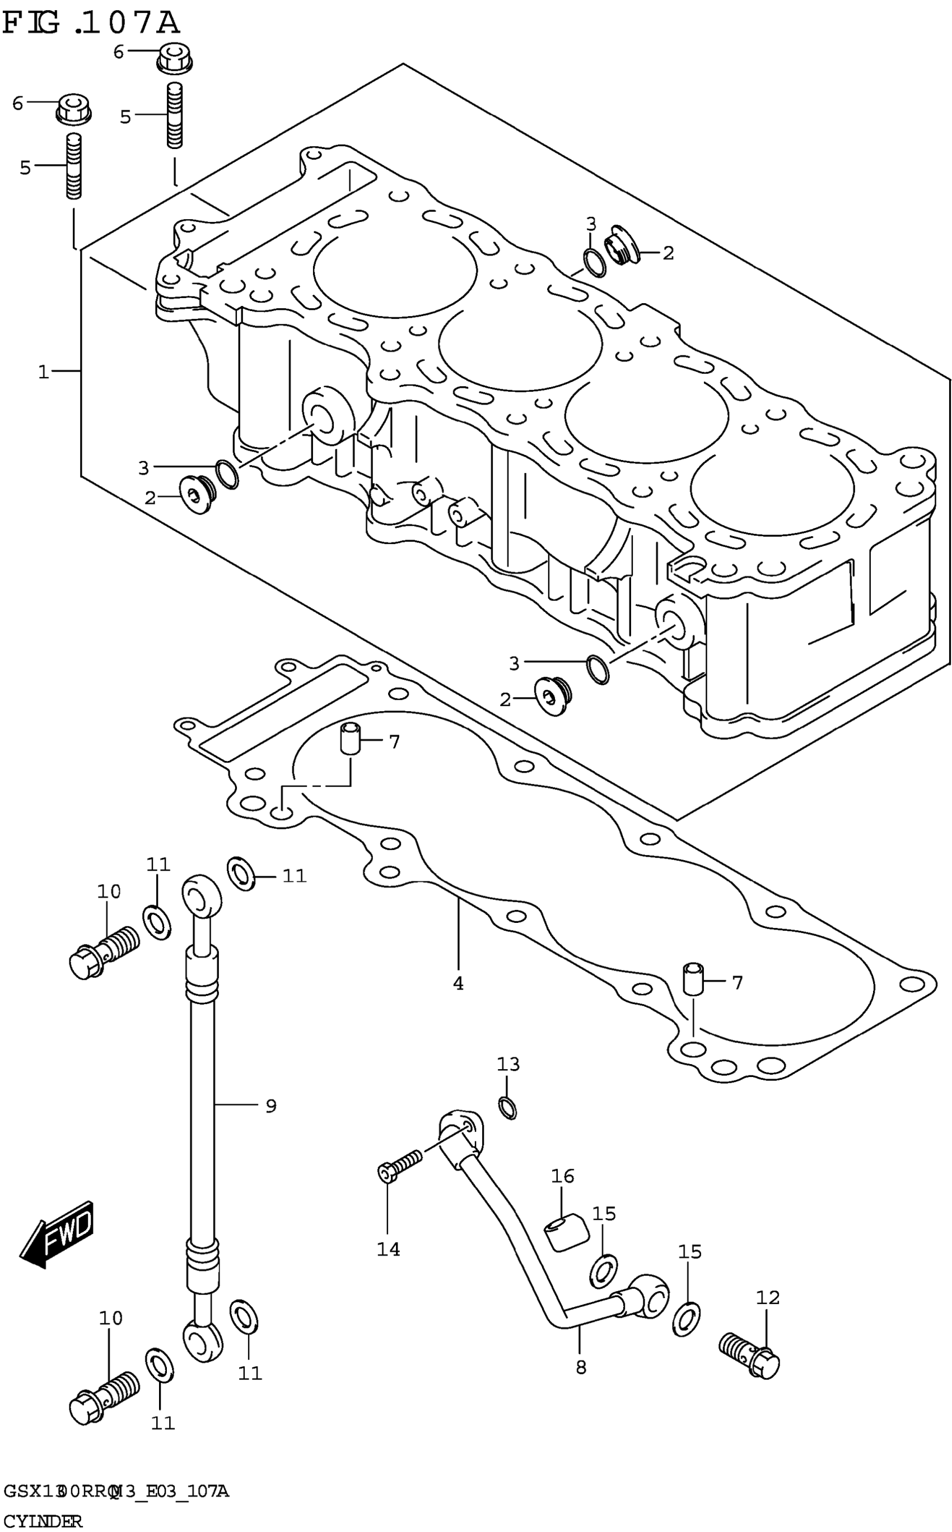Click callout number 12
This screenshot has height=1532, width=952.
[x=768, y=1297]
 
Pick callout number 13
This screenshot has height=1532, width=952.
[x=508, y=1064]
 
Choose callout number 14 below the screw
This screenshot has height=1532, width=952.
[x=388, y=1248]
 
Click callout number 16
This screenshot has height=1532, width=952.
[x=563, y=1176]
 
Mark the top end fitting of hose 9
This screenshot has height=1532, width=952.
[x=202, y=894]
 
